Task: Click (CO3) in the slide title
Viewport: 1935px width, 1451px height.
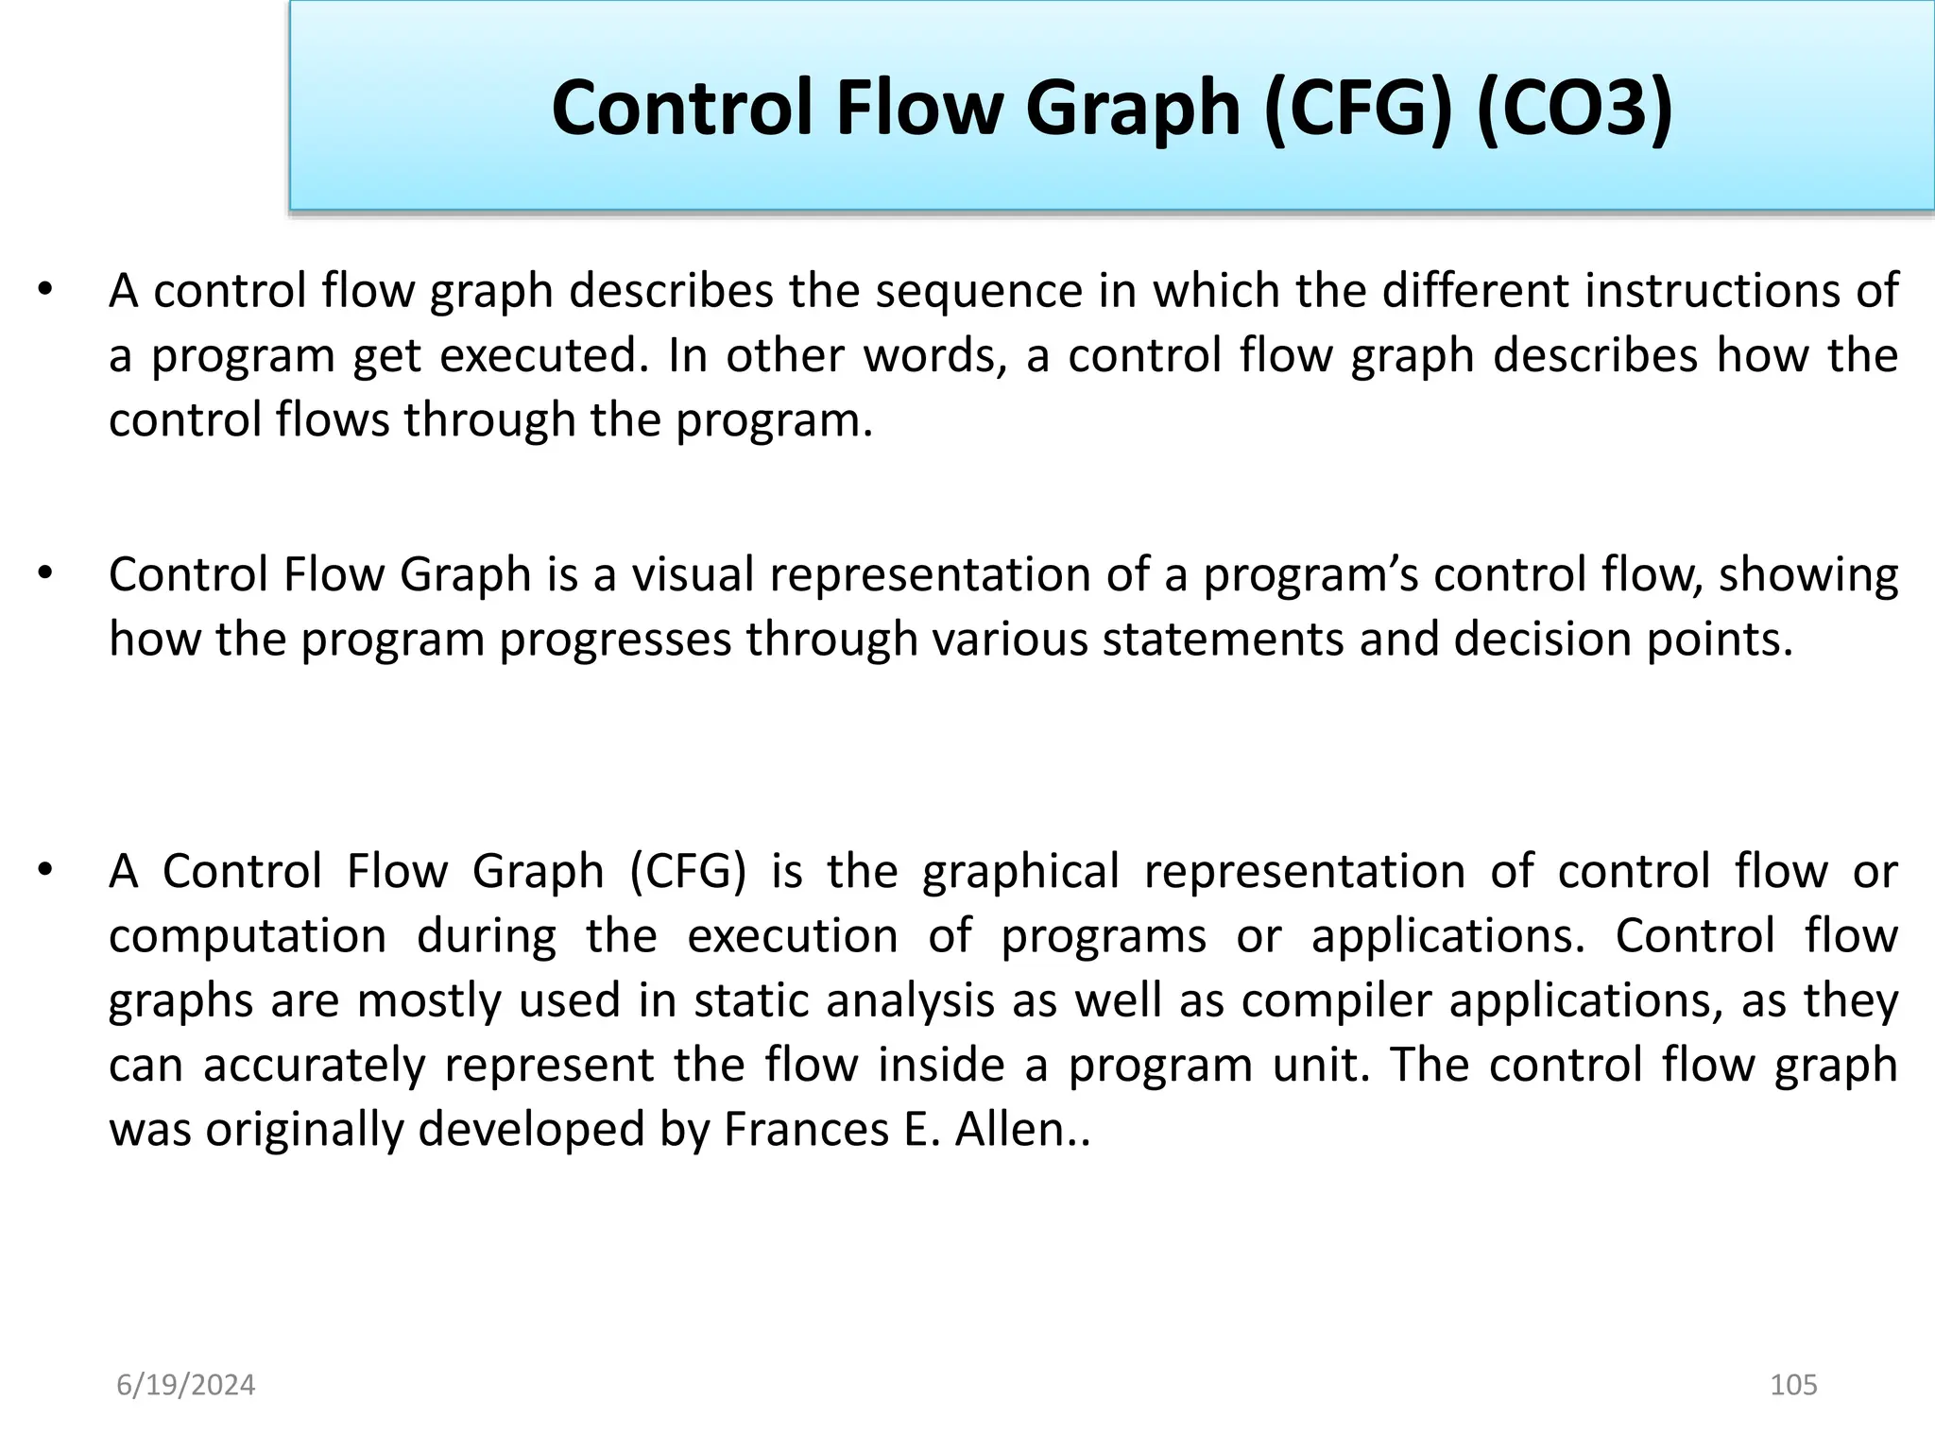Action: (x=1574, y=109)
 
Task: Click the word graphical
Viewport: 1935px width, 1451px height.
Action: (x=1020, y=872)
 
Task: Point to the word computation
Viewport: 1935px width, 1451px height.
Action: (x=248, y=936)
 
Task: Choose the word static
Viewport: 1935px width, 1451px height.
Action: (x=752, y=1000)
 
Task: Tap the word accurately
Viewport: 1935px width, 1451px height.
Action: (x=315, y=1065)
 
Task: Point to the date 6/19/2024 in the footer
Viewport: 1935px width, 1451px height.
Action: (x=186, y=1385)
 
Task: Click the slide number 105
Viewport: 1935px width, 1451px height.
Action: (x=1793, y=1385)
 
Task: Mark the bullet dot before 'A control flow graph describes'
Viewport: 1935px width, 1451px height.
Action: (x=44, y=289)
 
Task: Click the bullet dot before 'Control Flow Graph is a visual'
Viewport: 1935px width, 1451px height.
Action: (x=44, y=573)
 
